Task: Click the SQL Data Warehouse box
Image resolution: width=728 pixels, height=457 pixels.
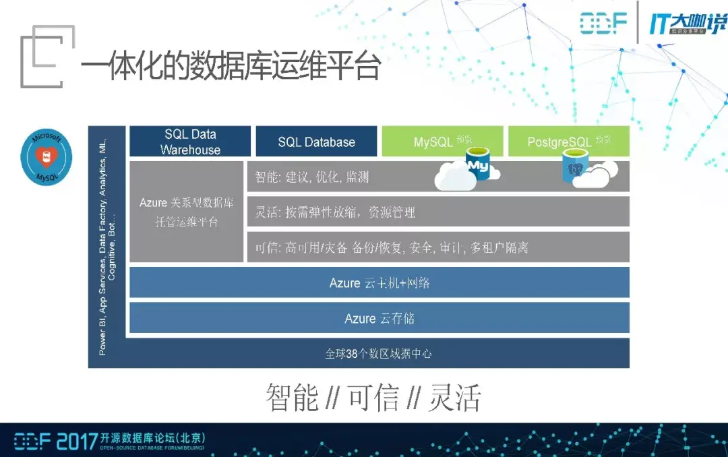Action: [x=190, y=142]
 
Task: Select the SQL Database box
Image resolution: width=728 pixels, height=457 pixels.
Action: [x=316, y=142]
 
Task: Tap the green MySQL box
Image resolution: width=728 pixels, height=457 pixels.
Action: [x=442, y=142]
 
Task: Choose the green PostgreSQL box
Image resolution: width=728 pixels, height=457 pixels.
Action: [x=568, y=142]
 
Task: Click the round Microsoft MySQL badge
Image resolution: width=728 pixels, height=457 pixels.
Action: [x=47, y=158]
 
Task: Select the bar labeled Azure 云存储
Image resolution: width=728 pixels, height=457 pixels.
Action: [x=379, y=318]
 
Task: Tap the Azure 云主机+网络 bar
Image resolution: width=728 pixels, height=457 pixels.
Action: [x=379, y=282]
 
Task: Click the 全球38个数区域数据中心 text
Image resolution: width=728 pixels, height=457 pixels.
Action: [x=378, y=353]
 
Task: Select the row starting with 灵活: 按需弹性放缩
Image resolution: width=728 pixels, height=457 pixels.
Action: [x=438, y=212]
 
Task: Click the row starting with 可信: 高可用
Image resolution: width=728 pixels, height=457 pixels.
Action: [x=438, y=247]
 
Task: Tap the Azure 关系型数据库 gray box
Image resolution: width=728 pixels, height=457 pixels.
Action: [x=186, y=212]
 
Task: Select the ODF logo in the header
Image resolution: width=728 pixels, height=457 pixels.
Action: [x=604, y=24]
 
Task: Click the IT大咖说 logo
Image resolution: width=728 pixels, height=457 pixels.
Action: [x=688, y=24]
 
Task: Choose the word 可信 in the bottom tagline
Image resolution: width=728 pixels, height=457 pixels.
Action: [x=373, y=398]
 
